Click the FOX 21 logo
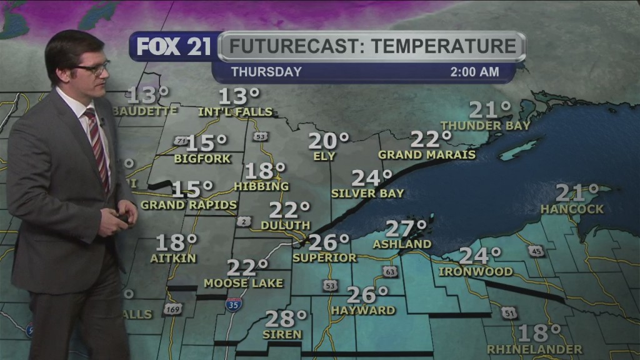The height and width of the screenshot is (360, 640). pyautogui.click(x=173, y=47)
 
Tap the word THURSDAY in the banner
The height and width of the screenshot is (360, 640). pyautogui.click(x=266, y=72)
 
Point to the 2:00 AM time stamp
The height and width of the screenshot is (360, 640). pyautogui.click(x=474, y=72)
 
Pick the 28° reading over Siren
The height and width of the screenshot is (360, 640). pyautogui.click(x=286, y=319)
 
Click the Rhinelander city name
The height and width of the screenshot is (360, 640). pyautogui.click(x=534, y=349)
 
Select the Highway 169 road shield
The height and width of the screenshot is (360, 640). pyautogui.click(x=172, y=309)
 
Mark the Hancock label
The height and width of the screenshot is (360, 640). pyautogui.click(x=572, y=209)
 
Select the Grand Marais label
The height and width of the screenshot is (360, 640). pyautogui.click(x=427, y=154)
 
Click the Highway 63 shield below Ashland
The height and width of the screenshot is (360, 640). pyautogui.click(x=390, y=271)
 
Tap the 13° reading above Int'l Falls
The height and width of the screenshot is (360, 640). pyautogui.click(x=239, y=97)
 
